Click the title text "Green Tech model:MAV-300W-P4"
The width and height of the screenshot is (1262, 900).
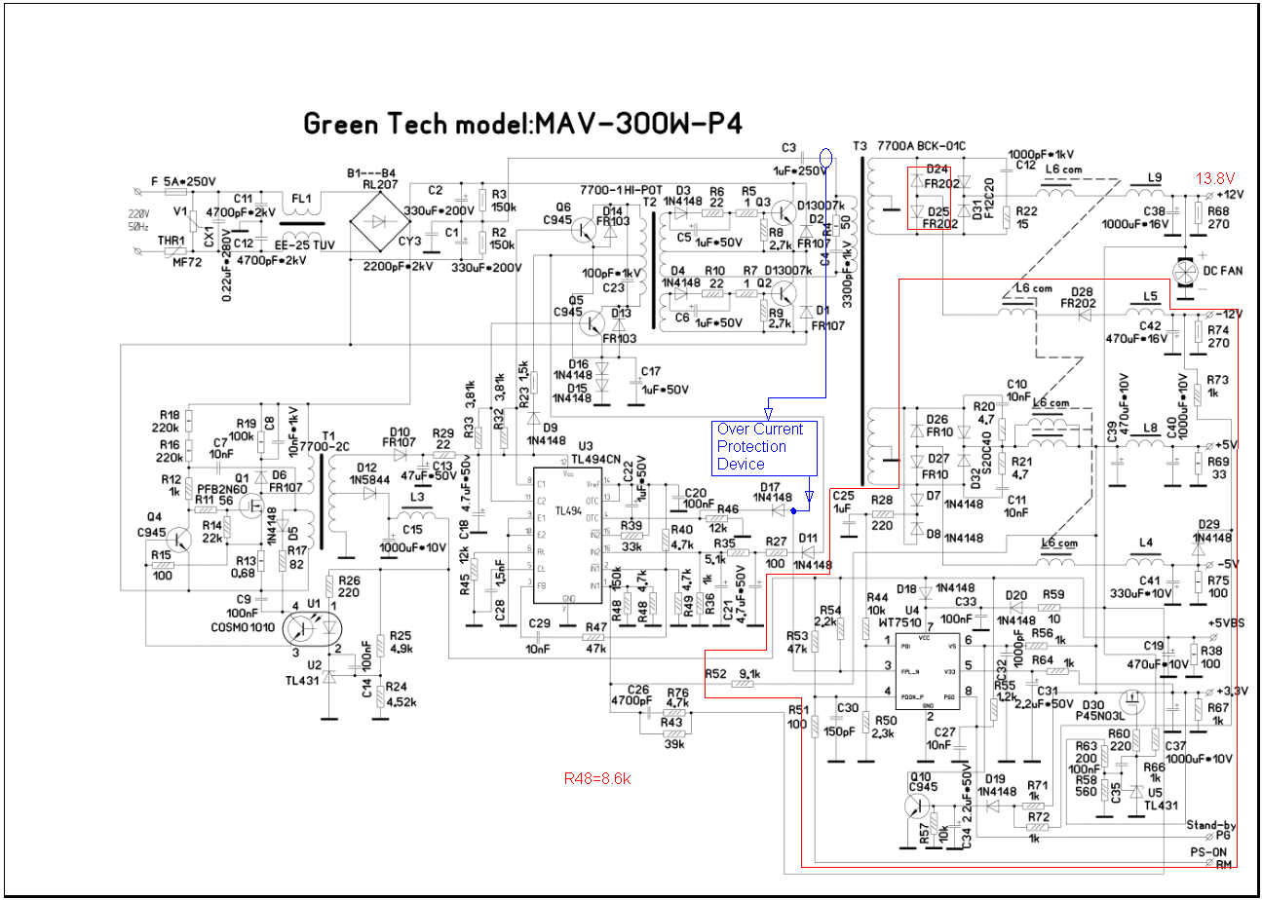tap(523, 125)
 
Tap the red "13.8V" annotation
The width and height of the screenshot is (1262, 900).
tap(1214, 178)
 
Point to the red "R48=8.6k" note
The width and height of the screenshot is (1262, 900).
tap(597, 778)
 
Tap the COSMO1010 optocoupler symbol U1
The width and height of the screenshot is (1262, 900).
tap(306, 626)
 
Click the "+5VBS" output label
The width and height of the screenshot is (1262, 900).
tap(1227, 623)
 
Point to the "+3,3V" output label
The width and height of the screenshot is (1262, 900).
tap(1228, 691)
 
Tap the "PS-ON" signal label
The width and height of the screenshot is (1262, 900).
tap(1205, 851)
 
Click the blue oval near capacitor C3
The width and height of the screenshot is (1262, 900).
tap(826, 157)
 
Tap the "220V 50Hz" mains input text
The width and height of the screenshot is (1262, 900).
tap(139, 220)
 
